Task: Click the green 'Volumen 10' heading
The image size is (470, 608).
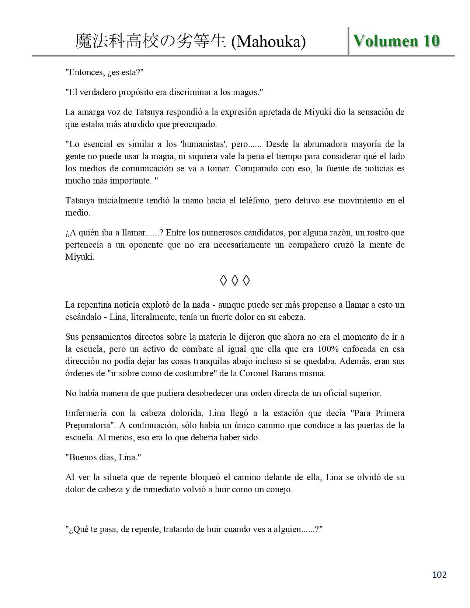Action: click(x=396, y=41)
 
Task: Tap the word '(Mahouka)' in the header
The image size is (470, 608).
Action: click(x=268, y=42)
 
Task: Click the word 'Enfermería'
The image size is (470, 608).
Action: click(x=86, y=413)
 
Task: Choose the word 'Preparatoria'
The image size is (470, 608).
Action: click(x=88, y=425)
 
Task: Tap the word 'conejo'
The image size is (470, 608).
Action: click(x=278, y=490)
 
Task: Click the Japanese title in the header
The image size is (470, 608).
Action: click(x=150, y=42)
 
